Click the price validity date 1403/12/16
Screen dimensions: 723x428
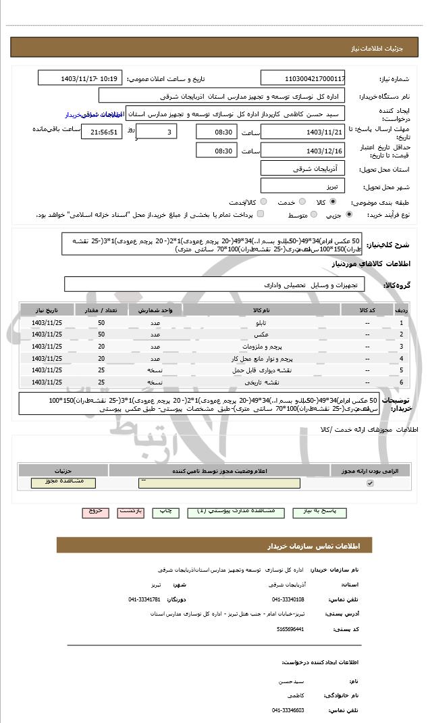(x=302, y=151)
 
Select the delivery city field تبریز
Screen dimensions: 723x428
(x=302, y=185)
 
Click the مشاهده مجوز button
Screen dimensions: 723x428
(x=63, y=482)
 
